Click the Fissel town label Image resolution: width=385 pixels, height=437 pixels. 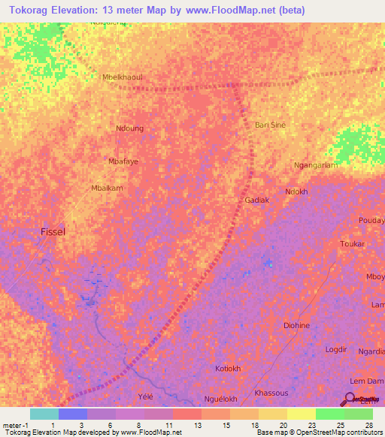[53, 232]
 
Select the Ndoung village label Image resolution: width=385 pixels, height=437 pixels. [129, 128]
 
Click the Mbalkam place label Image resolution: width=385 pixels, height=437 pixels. [106, 188]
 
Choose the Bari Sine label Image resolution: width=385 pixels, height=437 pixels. [271, 125]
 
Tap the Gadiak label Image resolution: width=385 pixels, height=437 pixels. [257, 200]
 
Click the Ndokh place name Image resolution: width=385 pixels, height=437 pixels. [297, 191]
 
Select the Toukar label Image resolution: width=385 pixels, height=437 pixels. [352, 244]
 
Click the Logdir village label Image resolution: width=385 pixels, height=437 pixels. [335, 349]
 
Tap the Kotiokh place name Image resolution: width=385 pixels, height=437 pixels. [228, 369]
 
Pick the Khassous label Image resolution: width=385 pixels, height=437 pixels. [271, 393]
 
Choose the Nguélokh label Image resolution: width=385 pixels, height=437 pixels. [221, 399]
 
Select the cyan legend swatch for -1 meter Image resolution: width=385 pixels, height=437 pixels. [44, 414]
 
